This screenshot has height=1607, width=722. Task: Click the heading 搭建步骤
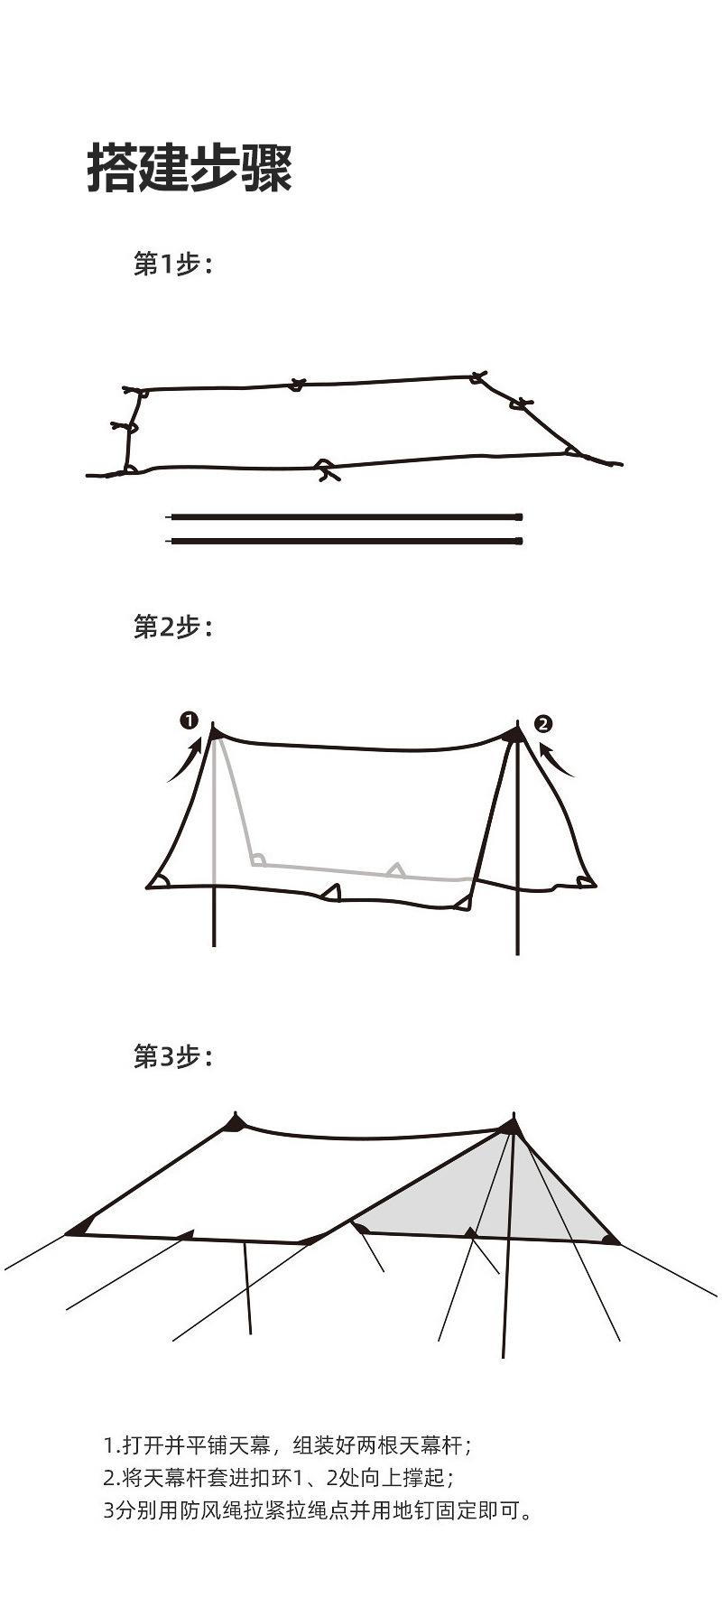click(x=190, y=168)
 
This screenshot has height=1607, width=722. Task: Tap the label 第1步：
click(x=171, y=265)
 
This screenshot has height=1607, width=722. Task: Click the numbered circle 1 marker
click(x=189, y=720)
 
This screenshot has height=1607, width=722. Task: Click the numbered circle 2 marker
click(x=543, y=723)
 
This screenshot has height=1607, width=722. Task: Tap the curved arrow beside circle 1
click(x=185, y=760)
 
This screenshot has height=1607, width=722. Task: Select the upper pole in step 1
click(x=345, y=517)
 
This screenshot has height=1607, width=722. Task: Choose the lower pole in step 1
click(x=345, y=541)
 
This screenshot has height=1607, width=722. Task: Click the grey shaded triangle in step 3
click(x=487, y=1192)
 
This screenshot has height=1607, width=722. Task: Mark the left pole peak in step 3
click(x=236, y=1122)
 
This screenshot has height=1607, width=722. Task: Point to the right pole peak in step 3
click(x=511, y=1126)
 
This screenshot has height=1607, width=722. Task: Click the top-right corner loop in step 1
click(x=478, y=376)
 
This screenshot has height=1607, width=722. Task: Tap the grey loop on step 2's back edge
click(x=395, y=869)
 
